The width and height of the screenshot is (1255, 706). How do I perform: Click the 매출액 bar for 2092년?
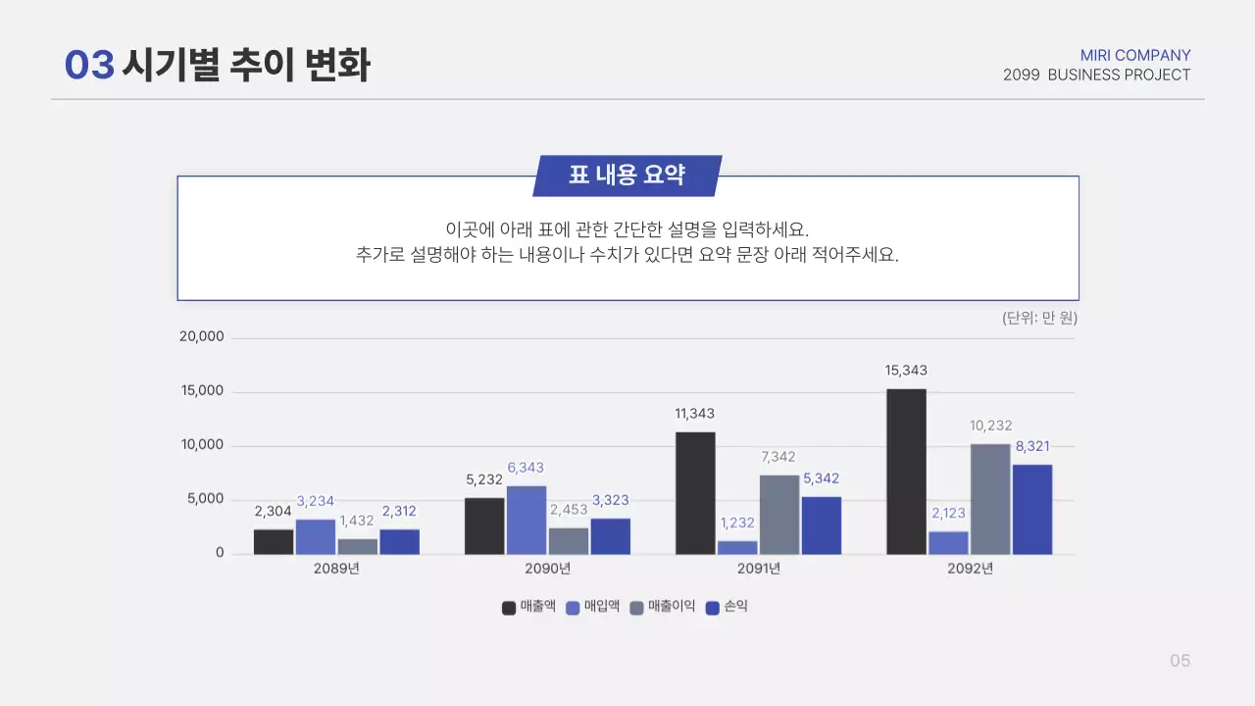[x=906, y=472]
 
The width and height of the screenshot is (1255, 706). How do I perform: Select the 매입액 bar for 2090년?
[x=527, y=520]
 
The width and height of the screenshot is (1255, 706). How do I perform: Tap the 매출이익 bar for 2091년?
[x=779, y=515]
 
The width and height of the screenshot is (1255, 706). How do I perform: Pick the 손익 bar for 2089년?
[x=400, y=541]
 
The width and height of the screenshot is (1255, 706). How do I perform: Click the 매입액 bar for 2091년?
[x=737, y=547]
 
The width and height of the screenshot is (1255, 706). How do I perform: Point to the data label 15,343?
[x=906, y=371]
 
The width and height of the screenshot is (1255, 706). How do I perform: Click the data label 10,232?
[x=990, y=426]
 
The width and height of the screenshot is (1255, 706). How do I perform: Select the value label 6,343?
[x=526, y=468]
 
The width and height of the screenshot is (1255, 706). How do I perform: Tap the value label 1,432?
[x=357, y=521]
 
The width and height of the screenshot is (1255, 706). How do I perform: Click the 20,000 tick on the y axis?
[x=201, y=336]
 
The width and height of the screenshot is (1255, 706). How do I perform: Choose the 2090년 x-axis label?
[x=547, y=569]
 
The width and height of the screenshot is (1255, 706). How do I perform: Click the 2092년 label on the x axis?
[x=970, y=569]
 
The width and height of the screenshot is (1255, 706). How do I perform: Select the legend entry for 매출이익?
[x=663, y=607]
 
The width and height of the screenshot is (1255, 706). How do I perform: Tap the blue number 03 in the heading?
[x=89, y=66]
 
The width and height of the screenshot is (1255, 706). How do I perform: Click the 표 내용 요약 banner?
[x=627, y=176]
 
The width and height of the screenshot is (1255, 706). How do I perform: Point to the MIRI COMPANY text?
[x=1135, y=55]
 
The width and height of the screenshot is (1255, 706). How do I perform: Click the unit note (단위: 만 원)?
[x=1039, y=318]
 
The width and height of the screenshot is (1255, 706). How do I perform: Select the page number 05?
[x=1180, y=661]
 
